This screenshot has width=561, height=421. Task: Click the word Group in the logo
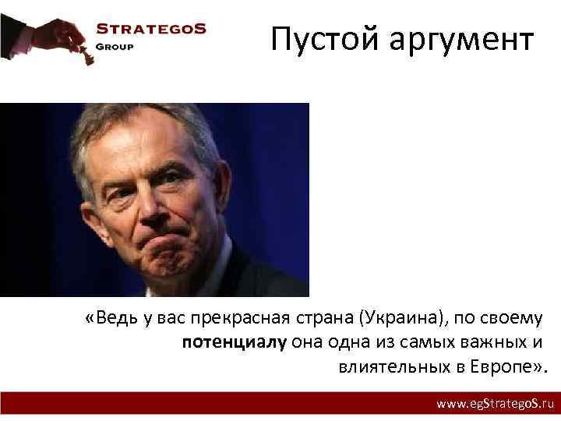point(115,46)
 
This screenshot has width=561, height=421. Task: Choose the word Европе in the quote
point(499,366)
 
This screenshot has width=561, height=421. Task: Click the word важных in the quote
point(492,342)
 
